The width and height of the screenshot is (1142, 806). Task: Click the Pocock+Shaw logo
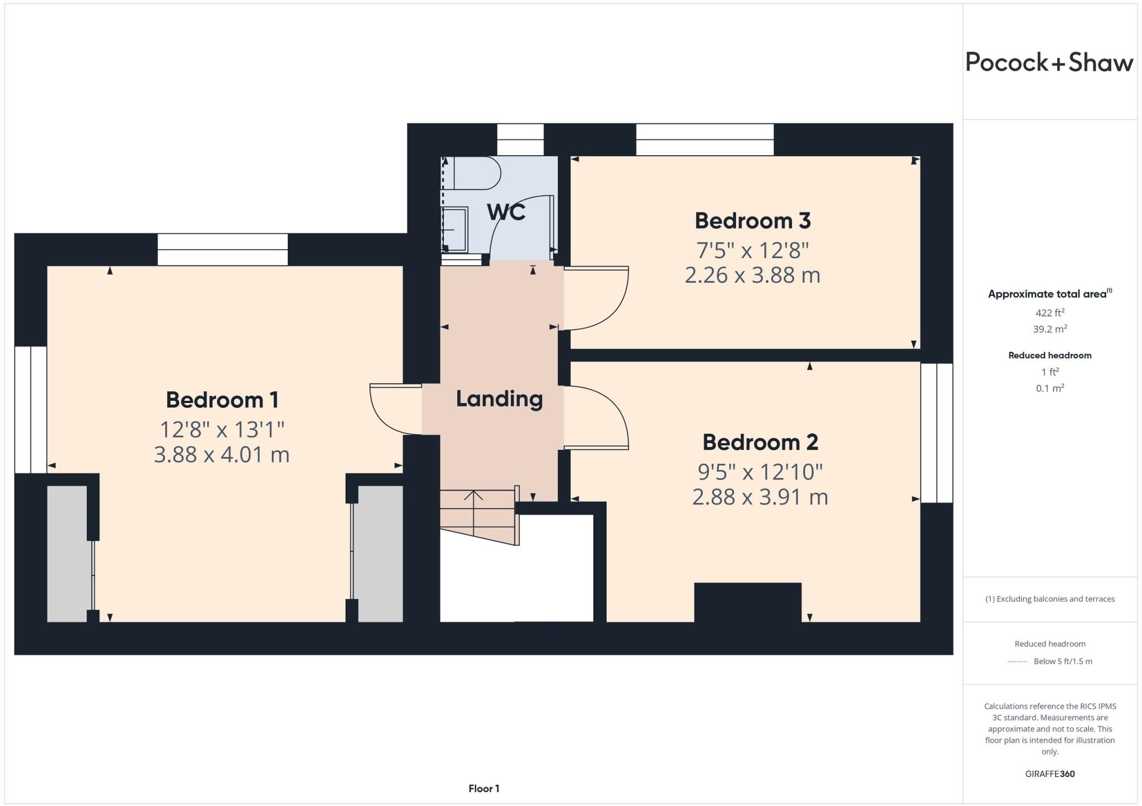pos(1049,62)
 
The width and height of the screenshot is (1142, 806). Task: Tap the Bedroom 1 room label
pos(222,400)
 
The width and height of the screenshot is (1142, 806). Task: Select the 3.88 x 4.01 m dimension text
pos(222,454)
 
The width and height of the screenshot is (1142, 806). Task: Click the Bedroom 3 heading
pos(752,221)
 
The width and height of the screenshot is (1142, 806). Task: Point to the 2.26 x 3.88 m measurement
pos(752,275)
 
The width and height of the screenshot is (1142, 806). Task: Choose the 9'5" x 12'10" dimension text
pos(760,472)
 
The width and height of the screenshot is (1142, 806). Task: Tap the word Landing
pos(499,399)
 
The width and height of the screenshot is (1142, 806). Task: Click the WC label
pos(506,212)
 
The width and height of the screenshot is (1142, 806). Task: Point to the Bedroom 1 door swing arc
pos(390,410)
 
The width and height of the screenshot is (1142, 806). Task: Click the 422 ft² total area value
pos(1049,313)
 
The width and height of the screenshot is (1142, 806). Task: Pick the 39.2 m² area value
pos(1049,329)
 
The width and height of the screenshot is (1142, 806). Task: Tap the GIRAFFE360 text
pos(1049,774)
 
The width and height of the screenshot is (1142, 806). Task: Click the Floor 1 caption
pos(483,788)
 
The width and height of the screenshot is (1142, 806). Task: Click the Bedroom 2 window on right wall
pos(937,433)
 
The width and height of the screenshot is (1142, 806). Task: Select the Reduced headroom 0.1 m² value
pos(1049,388)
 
